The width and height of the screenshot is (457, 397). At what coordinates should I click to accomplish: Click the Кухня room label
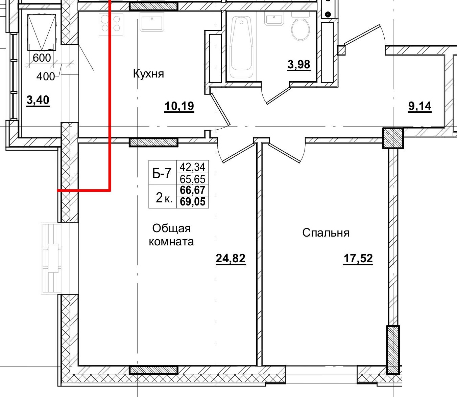[x=148, y=73]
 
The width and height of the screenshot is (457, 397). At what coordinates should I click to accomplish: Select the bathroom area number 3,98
[x=299, y=65]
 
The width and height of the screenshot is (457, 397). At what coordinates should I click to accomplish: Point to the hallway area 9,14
[x=420, y=106]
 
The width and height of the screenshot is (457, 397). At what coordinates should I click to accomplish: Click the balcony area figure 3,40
[x=38, y=100]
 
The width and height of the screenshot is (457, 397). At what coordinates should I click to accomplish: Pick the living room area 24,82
[x=231, y=258]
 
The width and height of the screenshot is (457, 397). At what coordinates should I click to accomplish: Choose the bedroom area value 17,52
[x=358, y=258]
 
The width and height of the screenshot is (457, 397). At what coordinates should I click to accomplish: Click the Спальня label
[x=326, y=233]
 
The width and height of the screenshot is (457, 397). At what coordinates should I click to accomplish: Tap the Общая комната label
[x=171, y=235]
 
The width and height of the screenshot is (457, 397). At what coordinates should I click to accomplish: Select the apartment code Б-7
[x=162, y=173]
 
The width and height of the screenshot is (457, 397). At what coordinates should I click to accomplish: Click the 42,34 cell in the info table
[x=193, y=167]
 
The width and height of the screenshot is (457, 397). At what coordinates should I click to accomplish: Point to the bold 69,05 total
[x=193, y=202]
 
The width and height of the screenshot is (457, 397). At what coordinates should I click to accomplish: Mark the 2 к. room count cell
[x=164, y=198]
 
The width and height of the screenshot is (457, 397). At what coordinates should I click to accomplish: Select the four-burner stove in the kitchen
[x=111, y=23]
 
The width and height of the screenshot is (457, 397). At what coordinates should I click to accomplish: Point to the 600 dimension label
[x=42, y=58]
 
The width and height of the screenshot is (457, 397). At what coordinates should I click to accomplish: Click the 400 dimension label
[x=46, y=77]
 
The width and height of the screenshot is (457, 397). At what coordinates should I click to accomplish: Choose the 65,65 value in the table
[x=193, y=179]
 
